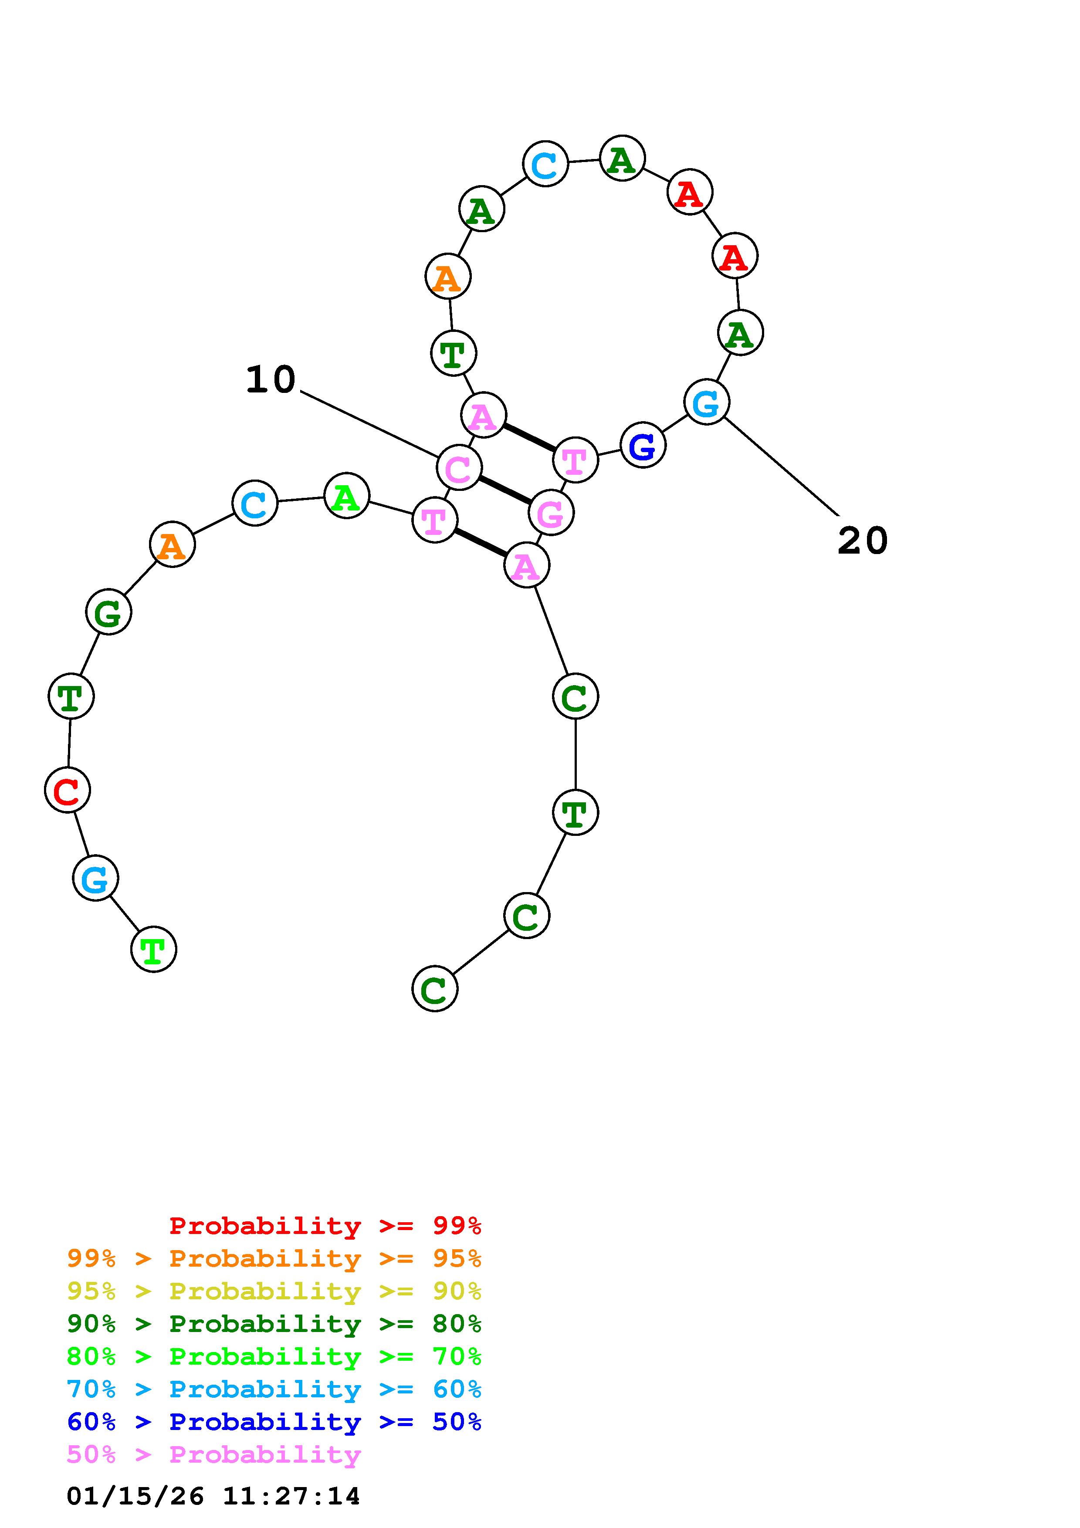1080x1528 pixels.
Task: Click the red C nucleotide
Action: click(67, 790)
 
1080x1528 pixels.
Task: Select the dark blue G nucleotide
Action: click(642, 445)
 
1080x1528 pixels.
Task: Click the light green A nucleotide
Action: click(346, 496)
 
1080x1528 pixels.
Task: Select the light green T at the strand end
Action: click(154, 949)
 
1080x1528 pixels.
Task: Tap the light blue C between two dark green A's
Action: click(545, 164)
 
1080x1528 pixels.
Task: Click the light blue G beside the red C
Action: click(95, 879)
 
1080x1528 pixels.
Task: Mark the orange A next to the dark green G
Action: click(173, 545)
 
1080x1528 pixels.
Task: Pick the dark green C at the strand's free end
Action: click(435, 989)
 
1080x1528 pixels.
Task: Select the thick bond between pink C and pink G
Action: click(505, 490)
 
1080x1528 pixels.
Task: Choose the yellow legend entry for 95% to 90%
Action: click(274, 1291)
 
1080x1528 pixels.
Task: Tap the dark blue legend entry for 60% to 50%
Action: click(274, 1422)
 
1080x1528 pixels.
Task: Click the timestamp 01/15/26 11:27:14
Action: click(213, 1495)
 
